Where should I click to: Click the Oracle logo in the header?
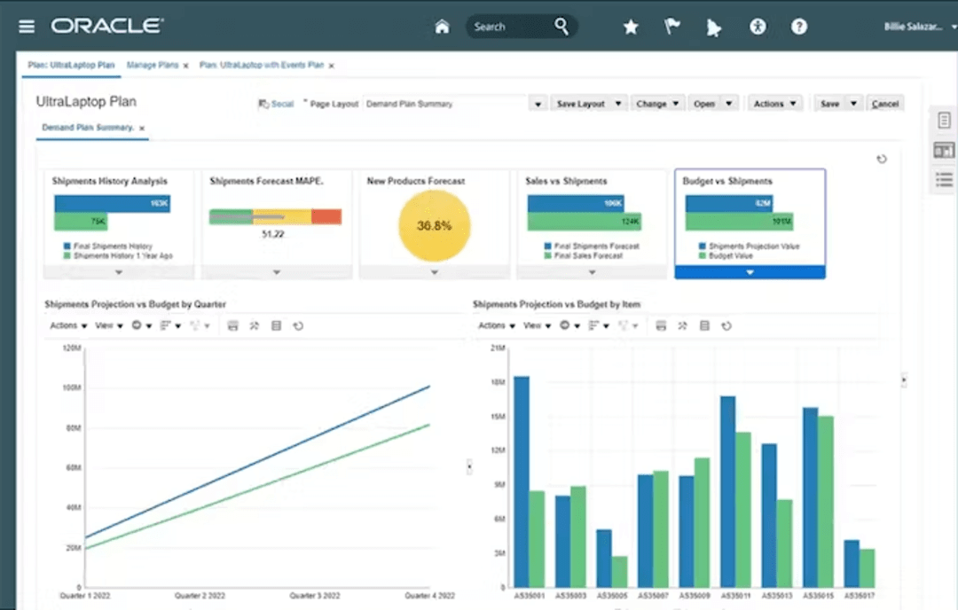tap(106, 26)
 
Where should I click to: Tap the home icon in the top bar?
tap(442, 27)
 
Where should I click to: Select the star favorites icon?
tap(631, 27)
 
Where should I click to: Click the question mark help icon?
tap(799, 27)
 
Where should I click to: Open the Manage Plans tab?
tap(153, 66)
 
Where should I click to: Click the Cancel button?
tap(884, 104)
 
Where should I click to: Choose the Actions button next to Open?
tap(774, 104)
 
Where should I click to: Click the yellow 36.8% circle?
tap(435, 225)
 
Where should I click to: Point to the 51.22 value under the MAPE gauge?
tap(273, 235)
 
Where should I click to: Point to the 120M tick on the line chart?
tap(72, 348)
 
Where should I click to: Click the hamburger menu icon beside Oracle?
tap(27, 27)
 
